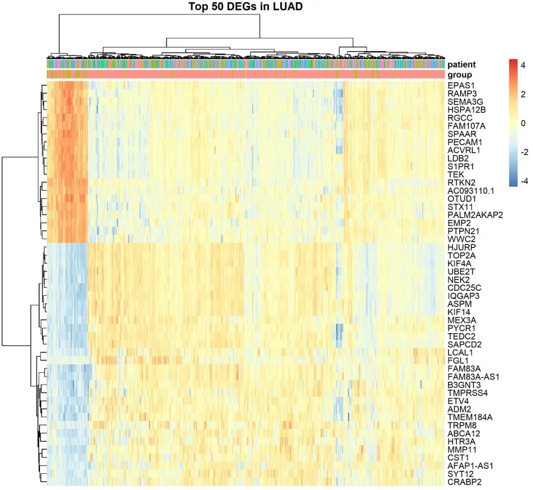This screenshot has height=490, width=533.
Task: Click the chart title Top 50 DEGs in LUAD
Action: click(x=246, y=7)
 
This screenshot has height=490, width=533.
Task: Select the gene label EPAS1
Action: click(x=459, y=85)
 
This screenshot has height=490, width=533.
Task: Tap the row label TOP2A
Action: click(x=460, y=255)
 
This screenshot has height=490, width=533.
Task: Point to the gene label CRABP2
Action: click(x=464, y=482)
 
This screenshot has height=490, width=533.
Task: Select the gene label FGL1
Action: click(x=457, y=360)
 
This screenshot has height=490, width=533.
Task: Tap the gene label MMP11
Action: click(x=460, y=450)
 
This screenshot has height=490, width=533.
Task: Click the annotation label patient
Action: click(x=461, y=64)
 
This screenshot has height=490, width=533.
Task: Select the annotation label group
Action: click(x=459, y=75)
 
